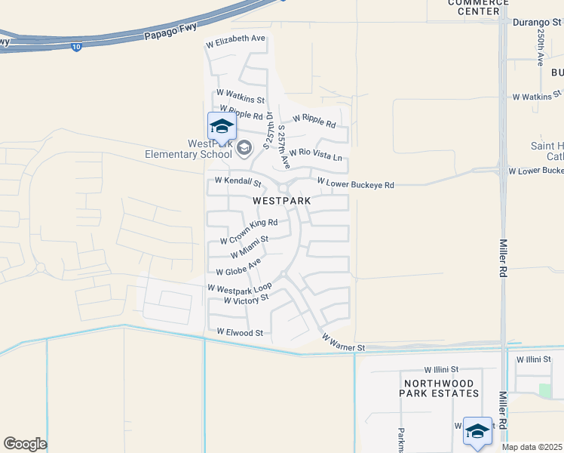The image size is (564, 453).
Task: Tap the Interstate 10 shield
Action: (x=78, y=48)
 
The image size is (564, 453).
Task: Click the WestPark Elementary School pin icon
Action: (x=222, y=127)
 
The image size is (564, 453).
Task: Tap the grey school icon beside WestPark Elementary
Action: (x=244, y=148)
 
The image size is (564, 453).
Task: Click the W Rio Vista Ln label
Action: (x=315, y=155)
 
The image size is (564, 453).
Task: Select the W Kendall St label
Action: (x=238, y=182)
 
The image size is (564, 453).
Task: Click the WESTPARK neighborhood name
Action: (x=281, y=201)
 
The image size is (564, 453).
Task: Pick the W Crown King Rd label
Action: (x=249, y=232)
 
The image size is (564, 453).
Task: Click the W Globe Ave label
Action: (x=238, y=267)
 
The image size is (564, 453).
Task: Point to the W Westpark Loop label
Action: (x=238, y=288)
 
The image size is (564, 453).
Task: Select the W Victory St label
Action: (x=247, y=300)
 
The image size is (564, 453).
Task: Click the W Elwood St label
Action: (x=239, y=331)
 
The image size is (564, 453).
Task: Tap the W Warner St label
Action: (x=343, y=342)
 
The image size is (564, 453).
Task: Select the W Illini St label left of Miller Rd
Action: (x=442, y=369)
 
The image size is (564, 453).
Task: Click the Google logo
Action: (x=25, y=444)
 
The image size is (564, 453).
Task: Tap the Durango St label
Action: (x=537, y=23)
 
